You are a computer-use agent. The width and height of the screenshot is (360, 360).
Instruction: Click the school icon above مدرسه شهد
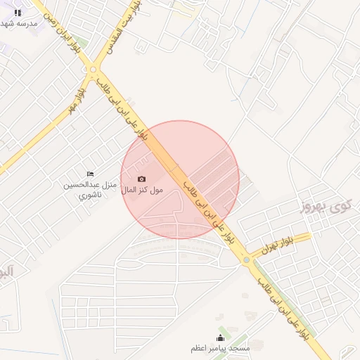[18, 13]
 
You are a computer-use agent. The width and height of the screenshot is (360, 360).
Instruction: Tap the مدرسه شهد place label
[18, 24]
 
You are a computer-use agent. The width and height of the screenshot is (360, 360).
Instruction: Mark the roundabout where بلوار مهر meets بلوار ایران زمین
[93, 69]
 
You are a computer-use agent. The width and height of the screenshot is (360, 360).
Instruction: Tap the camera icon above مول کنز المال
[141, 179]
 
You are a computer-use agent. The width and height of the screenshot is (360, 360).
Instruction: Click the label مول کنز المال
[141, 190]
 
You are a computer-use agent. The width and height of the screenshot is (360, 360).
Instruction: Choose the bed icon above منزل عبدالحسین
[89, 174]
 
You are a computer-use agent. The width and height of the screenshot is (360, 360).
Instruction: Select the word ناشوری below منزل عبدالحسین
[90, 194]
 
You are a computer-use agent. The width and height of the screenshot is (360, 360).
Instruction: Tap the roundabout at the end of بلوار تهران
[246, 259]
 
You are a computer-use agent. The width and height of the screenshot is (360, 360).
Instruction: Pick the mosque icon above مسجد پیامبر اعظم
[220, 337]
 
